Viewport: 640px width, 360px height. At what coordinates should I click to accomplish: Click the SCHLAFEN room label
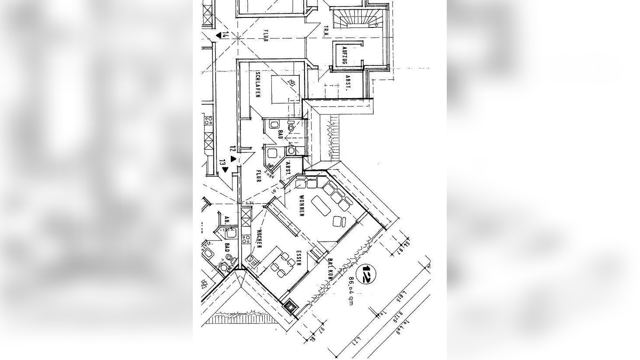click(x=258, y=85)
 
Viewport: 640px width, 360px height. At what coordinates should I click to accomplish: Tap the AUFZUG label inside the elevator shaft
click(x=344, y=55)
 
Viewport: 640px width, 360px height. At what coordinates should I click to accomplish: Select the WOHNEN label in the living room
click(x=301, y=206)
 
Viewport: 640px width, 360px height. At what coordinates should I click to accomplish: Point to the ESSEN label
click(x=298, y=258)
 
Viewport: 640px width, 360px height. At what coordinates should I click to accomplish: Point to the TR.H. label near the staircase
click(x=326, y=31)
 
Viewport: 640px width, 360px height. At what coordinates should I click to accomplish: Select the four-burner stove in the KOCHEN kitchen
click(x=246, y=238)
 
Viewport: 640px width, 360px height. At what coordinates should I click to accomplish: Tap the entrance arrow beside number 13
click(x=226, y=170)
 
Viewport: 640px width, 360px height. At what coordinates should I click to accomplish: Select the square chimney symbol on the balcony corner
click(x=290, y=306)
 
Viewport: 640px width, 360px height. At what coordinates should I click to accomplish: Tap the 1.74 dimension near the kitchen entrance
click(x=250, y=203)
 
